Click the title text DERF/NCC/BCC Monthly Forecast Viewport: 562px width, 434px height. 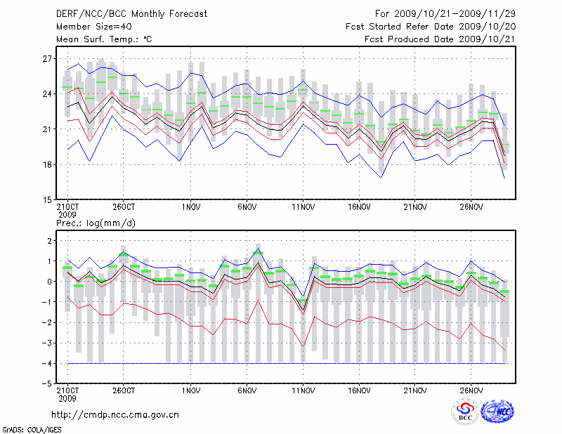(x=131, y=13)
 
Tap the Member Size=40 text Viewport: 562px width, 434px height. (x=89, y=26)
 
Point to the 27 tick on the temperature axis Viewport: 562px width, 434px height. (x=48, y=58)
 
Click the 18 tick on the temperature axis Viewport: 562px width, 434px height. (x=48, y=164)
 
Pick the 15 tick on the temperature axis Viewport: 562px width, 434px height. (x=48, y=199)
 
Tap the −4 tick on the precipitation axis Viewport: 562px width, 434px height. (x=47, y=364)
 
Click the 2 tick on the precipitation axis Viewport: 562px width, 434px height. (x=49, y=241)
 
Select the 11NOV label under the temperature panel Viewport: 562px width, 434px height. (x=303, y=208)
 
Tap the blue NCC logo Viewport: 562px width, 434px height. (x=497, y=412)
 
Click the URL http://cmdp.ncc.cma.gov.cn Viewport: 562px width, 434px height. (x=115, y=414)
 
